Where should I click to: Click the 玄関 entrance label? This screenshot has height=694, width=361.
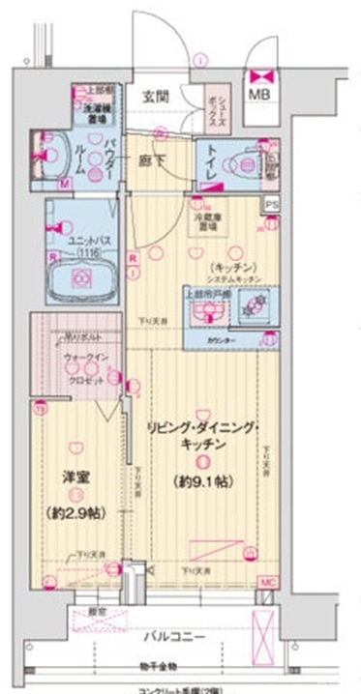[155, 96]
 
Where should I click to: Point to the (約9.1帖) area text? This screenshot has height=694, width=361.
[202, 480]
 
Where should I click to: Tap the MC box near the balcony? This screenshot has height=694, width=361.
[267, 583]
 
